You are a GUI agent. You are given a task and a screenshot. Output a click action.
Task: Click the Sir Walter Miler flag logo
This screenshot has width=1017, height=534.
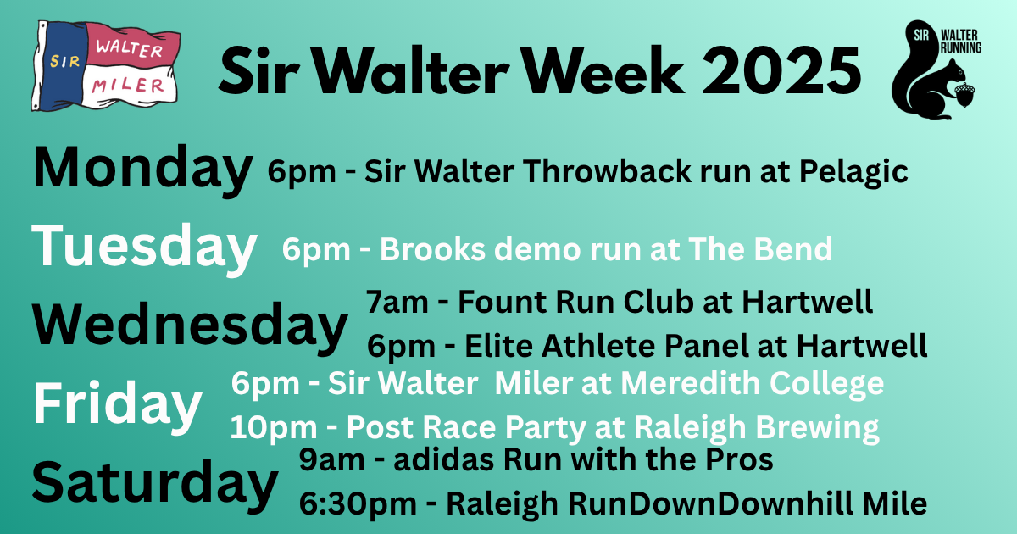[x=105, y=66]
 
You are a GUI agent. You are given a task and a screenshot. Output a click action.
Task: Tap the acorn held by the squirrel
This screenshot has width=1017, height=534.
[x=964, y=93]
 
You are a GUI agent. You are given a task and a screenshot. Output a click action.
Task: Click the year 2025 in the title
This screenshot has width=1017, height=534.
[x=781, y=71]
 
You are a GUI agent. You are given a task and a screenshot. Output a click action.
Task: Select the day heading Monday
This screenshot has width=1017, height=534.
[x=142, y=169]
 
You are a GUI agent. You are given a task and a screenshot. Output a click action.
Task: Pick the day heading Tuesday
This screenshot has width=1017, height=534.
[x=144, y=248]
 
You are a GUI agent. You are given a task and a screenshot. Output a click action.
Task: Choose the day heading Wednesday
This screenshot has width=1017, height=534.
[x=190, y=326]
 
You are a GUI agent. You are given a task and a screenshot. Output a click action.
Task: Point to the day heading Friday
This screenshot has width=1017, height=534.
[x=117, y=404]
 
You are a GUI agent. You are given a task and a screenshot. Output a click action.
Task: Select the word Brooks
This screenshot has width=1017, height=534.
[x=433, y=249]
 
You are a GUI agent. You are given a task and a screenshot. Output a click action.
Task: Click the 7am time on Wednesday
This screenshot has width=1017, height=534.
[x=397, y=302]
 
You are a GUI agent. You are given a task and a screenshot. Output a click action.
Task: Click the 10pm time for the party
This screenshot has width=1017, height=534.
[x=274, y=428]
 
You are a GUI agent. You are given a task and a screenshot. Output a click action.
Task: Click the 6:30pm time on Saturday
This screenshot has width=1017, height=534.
[x=358, y=504]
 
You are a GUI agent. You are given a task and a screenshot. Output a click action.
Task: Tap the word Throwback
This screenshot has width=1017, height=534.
[x=608, y=171]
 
